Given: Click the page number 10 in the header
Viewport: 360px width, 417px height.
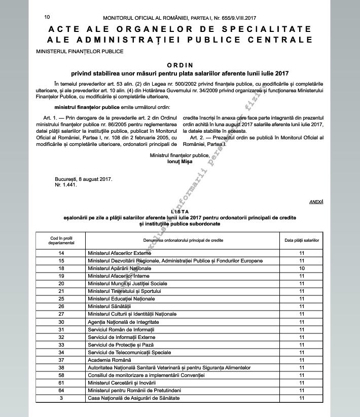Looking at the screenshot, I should click(47, 17).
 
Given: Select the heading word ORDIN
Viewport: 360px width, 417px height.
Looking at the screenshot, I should click(179, 65).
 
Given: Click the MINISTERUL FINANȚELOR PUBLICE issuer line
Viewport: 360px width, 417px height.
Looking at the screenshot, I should click(80, 51).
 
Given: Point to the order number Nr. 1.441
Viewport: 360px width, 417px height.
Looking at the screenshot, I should click(65, 185).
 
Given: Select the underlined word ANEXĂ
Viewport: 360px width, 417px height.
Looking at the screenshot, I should click(316, 202).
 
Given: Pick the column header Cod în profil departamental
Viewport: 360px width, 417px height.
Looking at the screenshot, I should click(61, 239).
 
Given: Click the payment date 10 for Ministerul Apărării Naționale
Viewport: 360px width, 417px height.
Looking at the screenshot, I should click(302, 268).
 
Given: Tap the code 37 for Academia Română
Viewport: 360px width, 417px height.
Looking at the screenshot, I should click(61, 359).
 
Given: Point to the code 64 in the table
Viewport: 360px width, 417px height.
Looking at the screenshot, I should click(61, 390).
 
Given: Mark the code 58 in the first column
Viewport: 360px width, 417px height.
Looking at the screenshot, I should click(61, 375).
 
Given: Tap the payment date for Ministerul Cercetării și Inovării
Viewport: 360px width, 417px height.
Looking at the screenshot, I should click(302, 383).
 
